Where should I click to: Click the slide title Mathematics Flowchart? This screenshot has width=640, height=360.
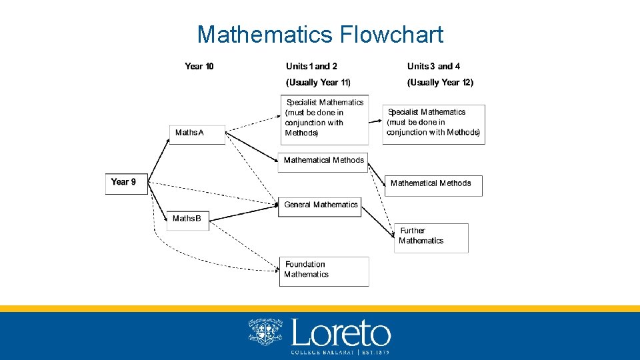[x=320, y=34]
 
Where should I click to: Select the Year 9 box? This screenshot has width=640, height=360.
[x=126, y=184]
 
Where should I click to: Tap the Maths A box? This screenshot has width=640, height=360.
[x=197, y=133]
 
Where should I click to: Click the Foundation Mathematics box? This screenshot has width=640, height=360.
[x=324, y=271]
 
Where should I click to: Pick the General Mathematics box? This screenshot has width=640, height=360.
[x=320, y=206]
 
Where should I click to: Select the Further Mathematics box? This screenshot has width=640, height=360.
[x=431, y=237]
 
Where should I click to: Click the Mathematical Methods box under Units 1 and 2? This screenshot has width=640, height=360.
[x=323, y=161]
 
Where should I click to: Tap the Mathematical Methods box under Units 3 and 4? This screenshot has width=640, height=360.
[x=433, y=185]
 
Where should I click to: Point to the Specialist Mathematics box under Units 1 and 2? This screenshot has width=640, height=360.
[x=325, y=119]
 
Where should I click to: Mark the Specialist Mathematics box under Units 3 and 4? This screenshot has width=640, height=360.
[x=433, y=123]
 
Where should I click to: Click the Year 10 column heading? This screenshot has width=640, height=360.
[x=199, y=66]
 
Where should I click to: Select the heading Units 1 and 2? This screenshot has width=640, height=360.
[x=311, y=66]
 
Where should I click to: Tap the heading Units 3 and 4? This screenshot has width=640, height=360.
[x=433, y=66]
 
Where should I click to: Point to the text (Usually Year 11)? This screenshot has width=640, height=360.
[x=318, y=82]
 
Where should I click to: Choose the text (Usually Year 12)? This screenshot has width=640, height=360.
[x=440, y=82]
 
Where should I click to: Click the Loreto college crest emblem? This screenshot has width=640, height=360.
[x=265, y=332]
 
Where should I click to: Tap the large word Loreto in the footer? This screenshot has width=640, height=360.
[x=341, y=333]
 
